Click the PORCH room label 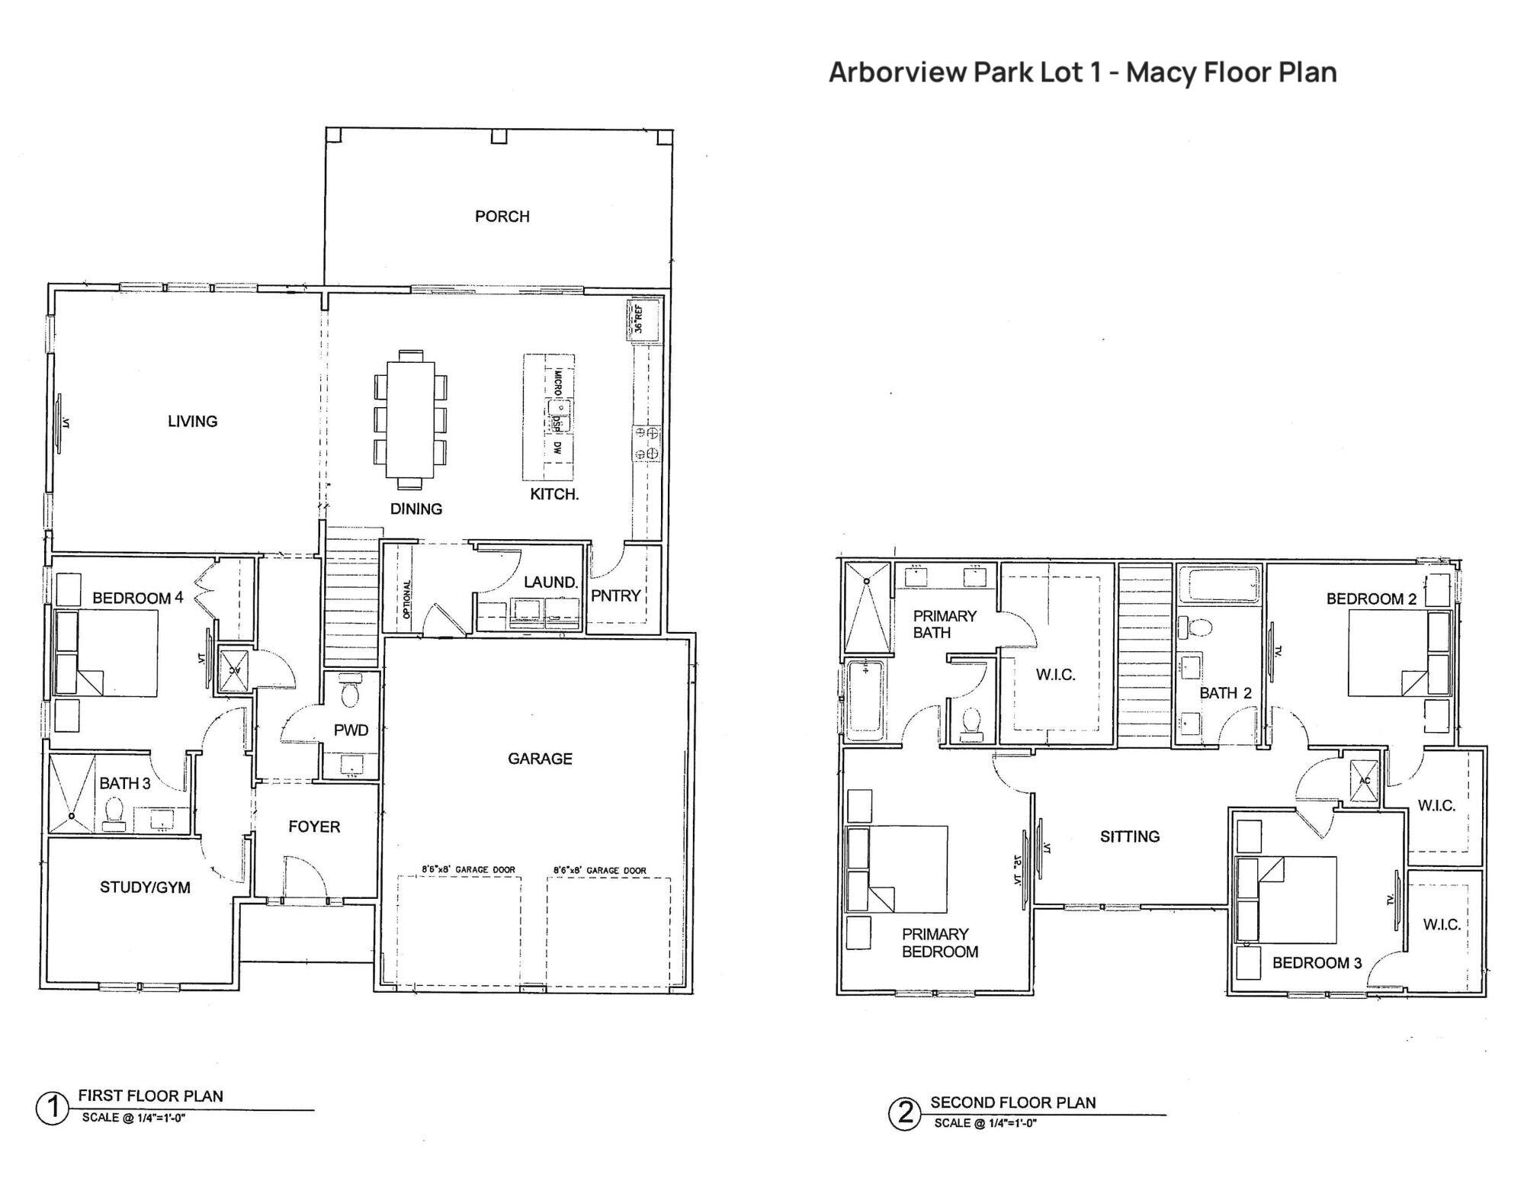pyautogui.click(x=502, y=217)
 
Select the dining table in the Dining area pyautogui.click(x=410, y=420)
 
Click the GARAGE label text pyautogui.click(x=540, y=759)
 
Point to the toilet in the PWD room pyautogui.click(x=351, y=693)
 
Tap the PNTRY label pyautogui.click(x=616, y=596)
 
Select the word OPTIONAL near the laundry pyautogui.click(x=406, y=599)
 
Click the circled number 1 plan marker pyautogui.click(x=53, y=1109)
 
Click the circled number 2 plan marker pyautogui.click(x=905, y=1114)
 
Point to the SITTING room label pyautogui.click(x=1129, y=836)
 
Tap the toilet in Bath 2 pyautogui.click(x=1198, y=628)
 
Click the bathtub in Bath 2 pyautogui.click(x=1218, y=585)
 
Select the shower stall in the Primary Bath pyautogui.click(x=868, y=608)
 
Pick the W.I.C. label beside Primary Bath pyautogui.click(x=1055, y=675)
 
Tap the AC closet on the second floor pyautogui.click(x=1365, y=782)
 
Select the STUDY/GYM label pyautogui.click(x=145, y=888)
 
